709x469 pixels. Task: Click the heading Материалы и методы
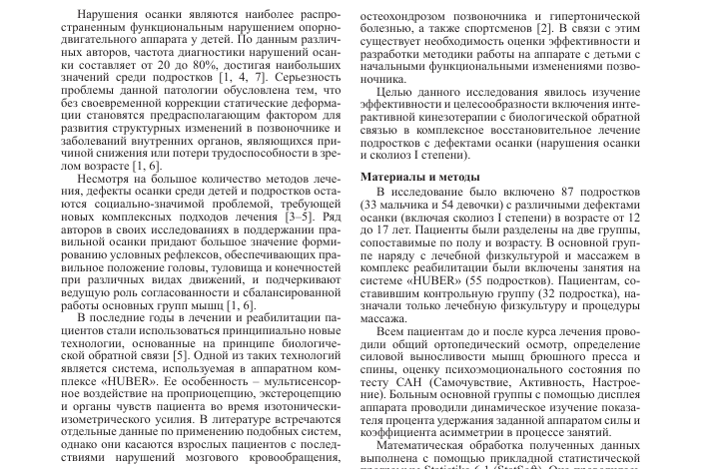tap(421, 176)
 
